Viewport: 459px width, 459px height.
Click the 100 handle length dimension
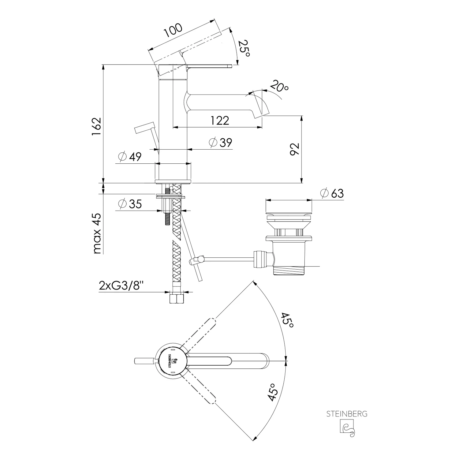tap(173, 30)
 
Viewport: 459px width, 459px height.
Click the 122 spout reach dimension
tap(220, 120)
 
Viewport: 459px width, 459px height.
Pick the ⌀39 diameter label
tap(220, 142)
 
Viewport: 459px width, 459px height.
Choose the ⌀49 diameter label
tap(130, 157)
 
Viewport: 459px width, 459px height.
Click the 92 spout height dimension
tap(294, 149)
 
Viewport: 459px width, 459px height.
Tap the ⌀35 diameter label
tap(130, 204)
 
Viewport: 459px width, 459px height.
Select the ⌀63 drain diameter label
tap(332, 193)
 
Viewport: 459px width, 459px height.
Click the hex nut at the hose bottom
tap(177, 299)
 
